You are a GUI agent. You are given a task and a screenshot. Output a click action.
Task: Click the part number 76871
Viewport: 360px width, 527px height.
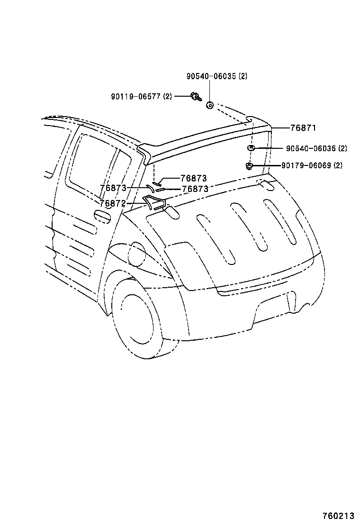click(x=303, y=127)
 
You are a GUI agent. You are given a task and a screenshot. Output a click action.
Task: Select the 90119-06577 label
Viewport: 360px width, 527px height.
click(x=141, y=97)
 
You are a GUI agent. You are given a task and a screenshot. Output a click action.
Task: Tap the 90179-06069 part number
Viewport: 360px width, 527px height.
click(x=312, y=165)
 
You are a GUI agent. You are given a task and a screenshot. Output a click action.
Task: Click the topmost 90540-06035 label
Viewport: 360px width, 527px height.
click(x=216, y=76)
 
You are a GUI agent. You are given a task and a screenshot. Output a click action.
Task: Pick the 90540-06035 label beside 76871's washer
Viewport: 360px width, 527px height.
click(x=316, y=148)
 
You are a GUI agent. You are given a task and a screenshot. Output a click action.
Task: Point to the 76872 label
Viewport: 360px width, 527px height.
click(x=113, y=203)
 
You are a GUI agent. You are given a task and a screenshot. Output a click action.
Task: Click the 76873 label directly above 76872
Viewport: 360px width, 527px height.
click(x=113, y=188)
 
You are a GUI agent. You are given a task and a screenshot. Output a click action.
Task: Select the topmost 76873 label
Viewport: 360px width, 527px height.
click(x=194, y=178)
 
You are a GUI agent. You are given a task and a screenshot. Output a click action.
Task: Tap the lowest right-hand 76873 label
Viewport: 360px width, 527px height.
click(x=195, y=189)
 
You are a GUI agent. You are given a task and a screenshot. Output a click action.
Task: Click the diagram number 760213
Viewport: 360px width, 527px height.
click(x=339, y=516)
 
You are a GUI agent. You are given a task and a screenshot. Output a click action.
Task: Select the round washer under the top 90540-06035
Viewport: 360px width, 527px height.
click(x=209, y=105)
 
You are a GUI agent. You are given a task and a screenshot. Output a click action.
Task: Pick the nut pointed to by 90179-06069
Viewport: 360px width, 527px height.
click(x=249, y=165)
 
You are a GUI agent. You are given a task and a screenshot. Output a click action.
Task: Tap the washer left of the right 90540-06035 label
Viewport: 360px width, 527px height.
click(x=251, y=147)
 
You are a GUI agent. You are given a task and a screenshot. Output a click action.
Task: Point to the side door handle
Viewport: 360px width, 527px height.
click(x=103, y=216)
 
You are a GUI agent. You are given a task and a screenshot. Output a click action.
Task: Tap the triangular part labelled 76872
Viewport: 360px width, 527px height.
click(x=154, y=202)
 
